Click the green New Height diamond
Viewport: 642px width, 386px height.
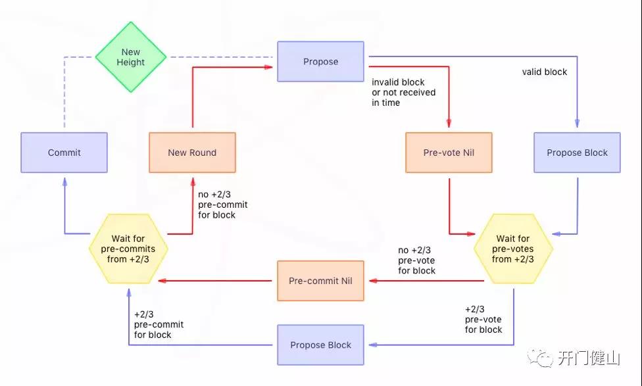(131, 57)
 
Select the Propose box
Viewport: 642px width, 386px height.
(320, 61)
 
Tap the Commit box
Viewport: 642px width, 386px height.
(64, 153)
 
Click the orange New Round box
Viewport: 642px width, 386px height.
(193, 153)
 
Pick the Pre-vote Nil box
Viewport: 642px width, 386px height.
(449, 153)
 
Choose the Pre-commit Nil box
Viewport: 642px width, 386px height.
(320, 281)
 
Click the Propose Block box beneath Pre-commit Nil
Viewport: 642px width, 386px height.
(320, 345)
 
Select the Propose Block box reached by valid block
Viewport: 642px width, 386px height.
(577, 153)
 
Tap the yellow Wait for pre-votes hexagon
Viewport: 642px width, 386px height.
(513, 249)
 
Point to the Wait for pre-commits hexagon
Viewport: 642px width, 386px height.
(128, 249)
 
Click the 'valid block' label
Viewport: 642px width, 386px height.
(545, 72)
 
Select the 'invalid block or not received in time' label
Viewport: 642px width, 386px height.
(404, 93)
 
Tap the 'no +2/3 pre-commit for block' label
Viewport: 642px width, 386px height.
(223, 205)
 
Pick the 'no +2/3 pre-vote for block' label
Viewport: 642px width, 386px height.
(417, 260)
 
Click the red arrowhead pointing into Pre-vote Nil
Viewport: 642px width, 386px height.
(449, 123)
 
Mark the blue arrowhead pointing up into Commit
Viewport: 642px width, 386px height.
(64, 183)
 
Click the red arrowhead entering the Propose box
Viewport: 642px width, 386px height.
(268, 66)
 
